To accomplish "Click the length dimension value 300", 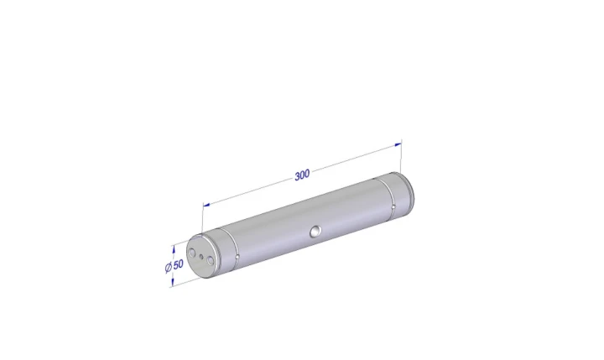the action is (x=302, y=175).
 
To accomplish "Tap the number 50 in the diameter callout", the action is (x=179, y=265).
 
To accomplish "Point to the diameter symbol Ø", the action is (x=169, y=268).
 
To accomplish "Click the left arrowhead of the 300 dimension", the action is (x=206, y=205).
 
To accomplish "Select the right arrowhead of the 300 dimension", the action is (x=398, y=144).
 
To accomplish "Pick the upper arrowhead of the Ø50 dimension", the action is (x=174, y=250).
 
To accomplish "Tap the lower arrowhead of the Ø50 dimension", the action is (x=172, y=281).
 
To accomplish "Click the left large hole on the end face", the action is (x=192, y=253).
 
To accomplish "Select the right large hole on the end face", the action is (x=210, y=261).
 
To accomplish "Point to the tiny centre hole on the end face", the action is (x=200, y=256).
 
